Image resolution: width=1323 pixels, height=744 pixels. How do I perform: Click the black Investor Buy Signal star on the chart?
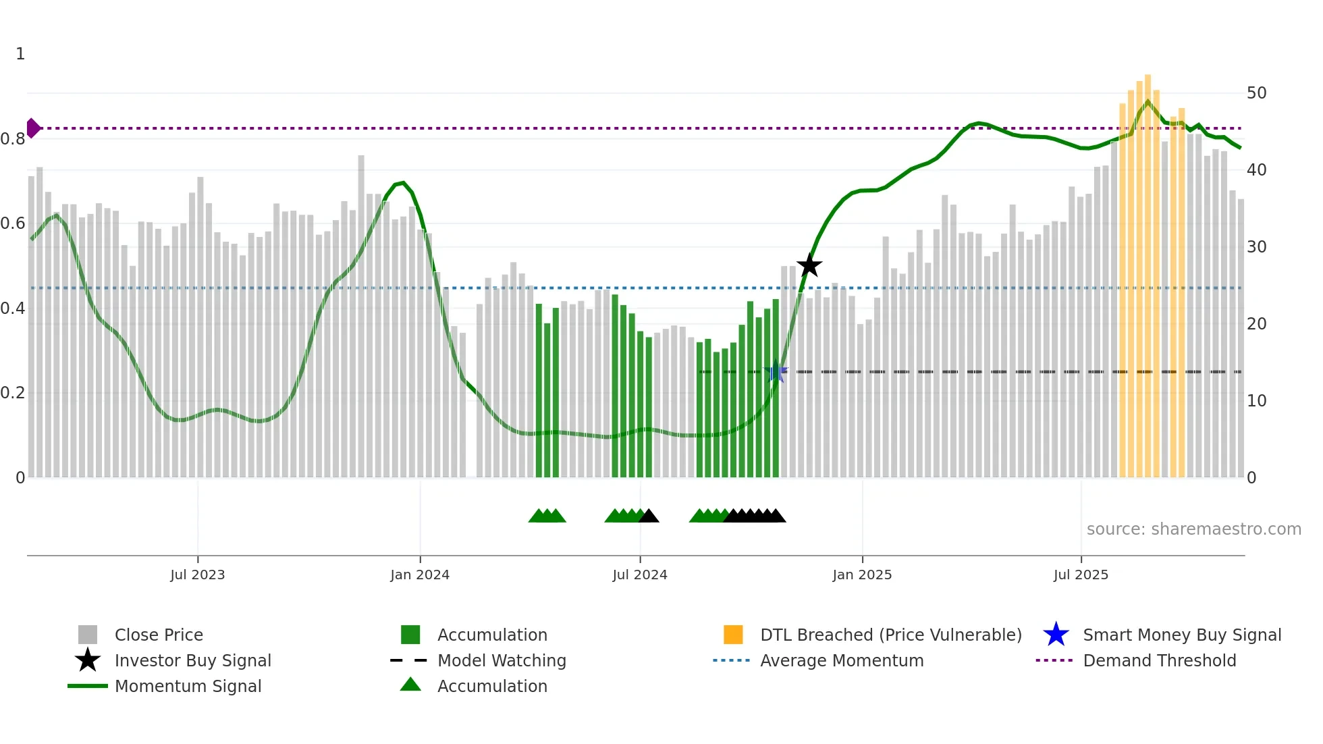coord(809,266)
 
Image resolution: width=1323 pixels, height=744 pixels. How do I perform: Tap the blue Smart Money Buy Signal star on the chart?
coord(776,372)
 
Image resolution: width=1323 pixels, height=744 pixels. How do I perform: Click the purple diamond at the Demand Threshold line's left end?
coord(32,128)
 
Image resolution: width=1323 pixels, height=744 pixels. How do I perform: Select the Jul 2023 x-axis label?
coord(197,575)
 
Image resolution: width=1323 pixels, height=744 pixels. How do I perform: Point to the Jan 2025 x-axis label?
coord(862,575)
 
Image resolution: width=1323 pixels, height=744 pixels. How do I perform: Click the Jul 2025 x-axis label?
coord(1081,575)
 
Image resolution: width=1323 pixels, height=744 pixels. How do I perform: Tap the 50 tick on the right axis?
coord(1256,93)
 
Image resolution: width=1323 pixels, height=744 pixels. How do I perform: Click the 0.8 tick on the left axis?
coord(13,139)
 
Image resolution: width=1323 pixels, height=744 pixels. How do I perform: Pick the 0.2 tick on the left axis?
coord(13,393)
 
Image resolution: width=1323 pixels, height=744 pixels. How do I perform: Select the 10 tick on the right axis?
coord(1256,401)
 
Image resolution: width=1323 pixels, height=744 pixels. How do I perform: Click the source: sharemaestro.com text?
coord(1193,529)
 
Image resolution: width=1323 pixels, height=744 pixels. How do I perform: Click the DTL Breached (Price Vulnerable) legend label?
coord(890,635)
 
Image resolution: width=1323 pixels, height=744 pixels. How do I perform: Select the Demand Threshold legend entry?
coord(1159,660)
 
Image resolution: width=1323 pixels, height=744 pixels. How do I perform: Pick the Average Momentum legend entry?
coord(841,660)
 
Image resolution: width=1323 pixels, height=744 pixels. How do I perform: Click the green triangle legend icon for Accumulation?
coord(410,685)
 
